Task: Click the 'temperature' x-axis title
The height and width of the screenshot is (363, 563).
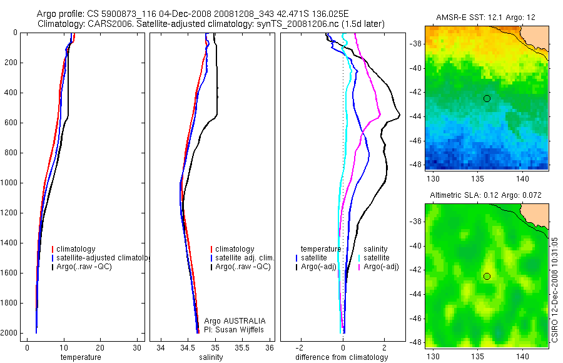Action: (x=81, y=357)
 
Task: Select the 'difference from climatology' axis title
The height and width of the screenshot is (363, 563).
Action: (x=342, y=357)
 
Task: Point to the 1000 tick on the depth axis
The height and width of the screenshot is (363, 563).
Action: (x=9, y=183)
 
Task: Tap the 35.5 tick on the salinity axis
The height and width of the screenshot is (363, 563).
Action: (x=243, y=348)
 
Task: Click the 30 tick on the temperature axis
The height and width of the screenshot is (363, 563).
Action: (x=137, y=348)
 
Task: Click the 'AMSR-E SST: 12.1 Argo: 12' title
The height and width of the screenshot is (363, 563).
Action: (x=486, y=16)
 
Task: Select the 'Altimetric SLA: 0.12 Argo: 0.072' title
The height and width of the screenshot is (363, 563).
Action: (x=486, y=196)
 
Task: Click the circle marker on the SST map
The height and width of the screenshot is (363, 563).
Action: (x=487, y=98)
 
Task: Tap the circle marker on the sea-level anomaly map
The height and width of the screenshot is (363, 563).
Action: (x=487, y=276)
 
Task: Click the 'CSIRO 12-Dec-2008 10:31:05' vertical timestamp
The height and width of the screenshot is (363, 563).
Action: (x=555, y=289)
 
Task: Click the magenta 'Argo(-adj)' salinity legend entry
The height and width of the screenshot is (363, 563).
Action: (x=381, y=267)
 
